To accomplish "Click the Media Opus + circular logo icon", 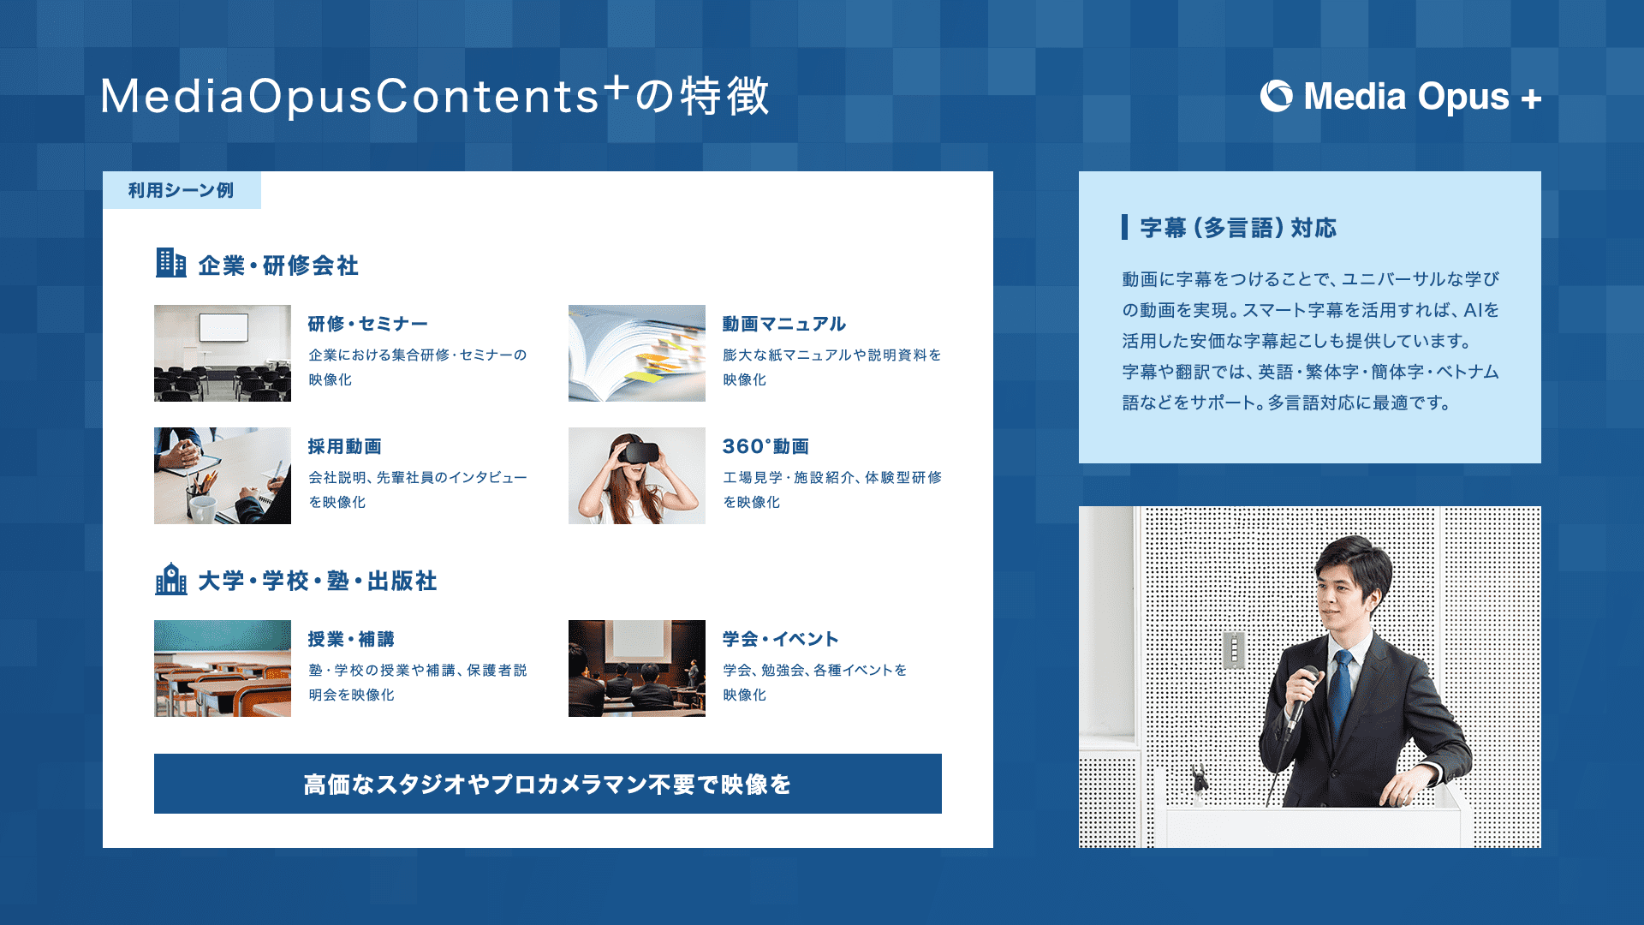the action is coord(1276,96).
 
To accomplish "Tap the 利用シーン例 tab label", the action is coord(182,190).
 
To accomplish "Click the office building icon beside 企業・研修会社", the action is coord(171,263).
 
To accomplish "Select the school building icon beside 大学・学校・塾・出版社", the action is coord(171,579).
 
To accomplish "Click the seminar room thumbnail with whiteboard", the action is coord(223,353).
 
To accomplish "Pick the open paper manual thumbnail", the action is coord(637,353).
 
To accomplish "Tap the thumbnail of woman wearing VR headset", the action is coord(637,475).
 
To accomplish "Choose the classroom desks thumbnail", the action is coord(223,668).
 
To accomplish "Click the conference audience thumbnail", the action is coord(637,668).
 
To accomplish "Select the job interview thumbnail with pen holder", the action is coord(223,475).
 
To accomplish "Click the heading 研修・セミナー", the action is coord(368,324).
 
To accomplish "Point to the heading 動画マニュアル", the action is coord(784,324).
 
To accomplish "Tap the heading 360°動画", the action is coord(765,446).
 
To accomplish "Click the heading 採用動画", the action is coord(345,446).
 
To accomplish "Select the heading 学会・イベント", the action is coord(781,639).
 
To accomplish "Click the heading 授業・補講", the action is coord(351,639).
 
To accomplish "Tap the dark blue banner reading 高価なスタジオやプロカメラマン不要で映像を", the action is coord(548,784).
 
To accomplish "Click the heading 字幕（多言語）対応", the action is coord(1238,228).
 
